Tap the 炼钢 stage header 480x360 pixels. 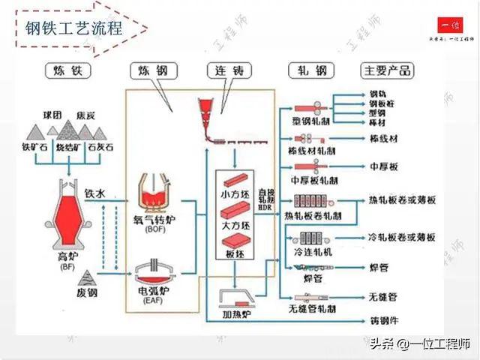point(152,71)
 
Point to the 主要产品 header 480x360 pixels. point(386,71)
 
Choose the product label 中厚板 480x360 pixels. point(382,166)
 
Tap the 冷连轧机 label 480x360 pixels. point(313,252)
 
